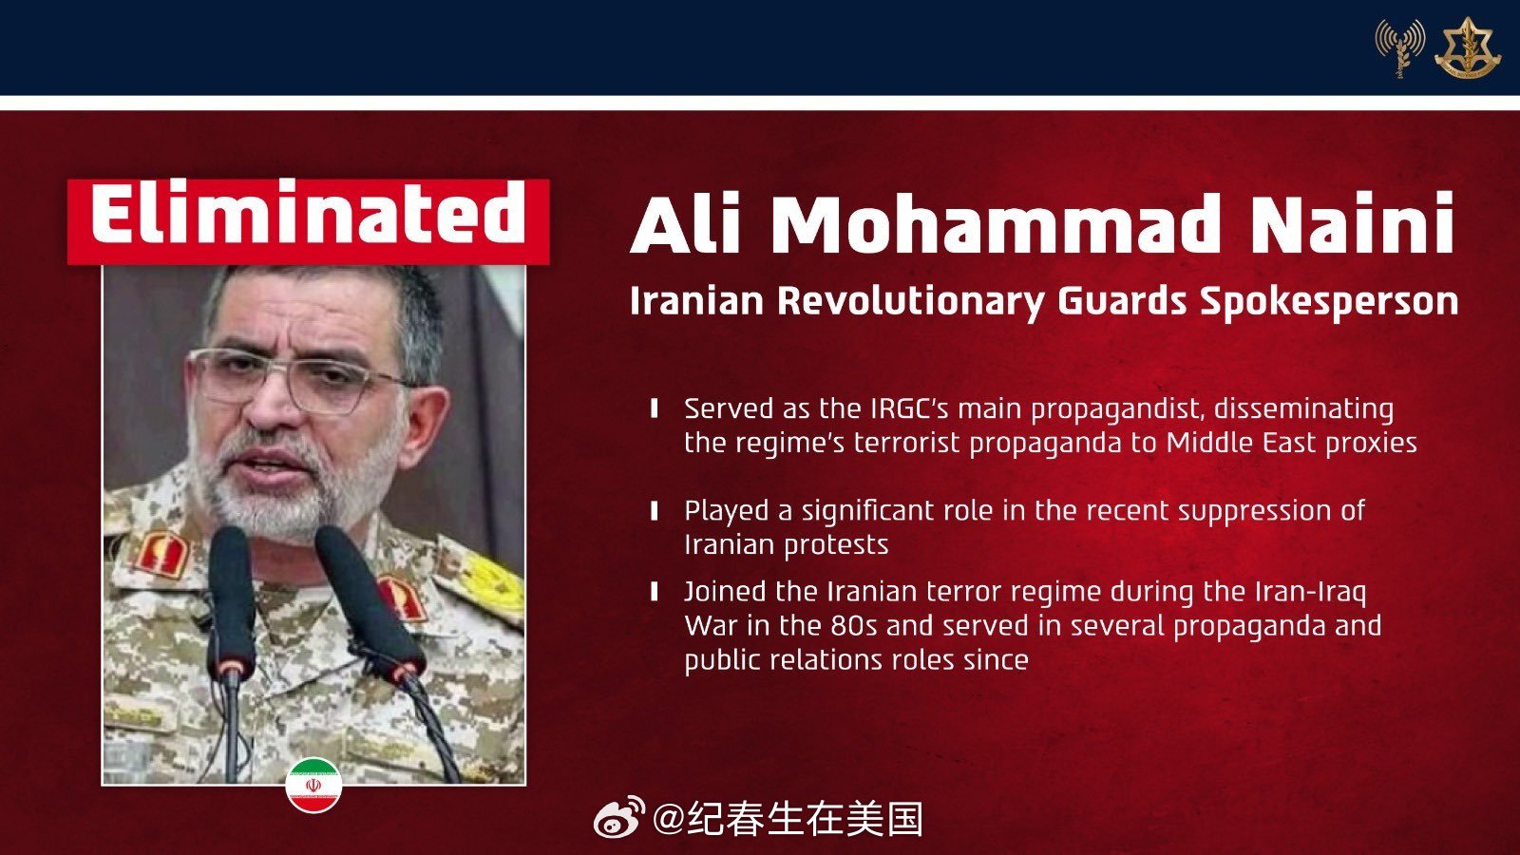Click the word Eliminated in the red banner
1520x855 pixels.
(x=308, y=214)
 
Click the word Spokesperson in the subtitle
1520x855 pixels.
(x=1329, y=302)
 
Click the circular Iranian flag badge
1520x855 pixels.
(x=313, y=785)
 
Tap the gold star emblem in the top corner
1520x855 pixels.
(x=1467, y=47)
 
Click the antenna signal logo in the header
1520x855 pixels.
(x=1400, y=47)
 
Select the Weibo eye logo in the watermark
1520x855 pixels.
(x=619, y=817)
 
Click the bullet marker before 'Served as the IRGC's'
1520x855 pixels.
(x=655, y=409)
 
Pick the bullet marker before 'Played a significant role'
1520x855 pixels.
(x=655, y=511)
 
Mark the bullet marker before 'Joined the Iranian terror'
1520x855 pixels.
(x=655, y=593)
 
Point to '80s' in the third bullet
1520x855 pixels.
(x=854, y=626)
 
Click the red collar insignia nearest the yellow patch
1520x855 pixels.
(x=402, y=598)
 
